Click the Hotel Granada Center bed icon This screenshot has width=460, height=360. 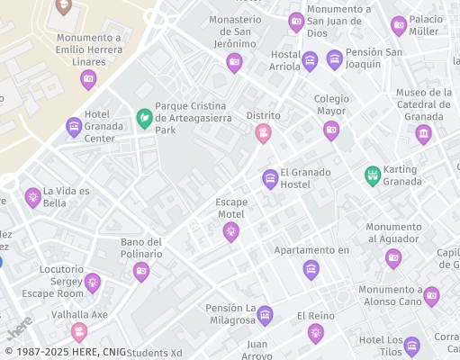coord(74,127)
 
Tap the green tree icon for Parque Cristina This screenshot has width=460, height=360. coord(143,118)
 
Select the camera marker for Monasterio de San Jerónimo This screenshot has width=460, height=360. coord(234,62)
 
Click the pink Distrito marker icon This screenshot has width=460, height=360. coord(263,133)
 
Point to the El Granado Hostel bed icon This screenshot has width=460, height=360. coord(270,178)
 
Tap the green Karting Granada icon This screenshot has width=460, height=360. coord(372,175)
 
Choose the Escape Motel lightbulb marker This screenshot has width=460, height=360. coord(230,231)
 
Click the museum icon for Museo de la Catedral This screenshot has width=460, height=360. coord(423,134)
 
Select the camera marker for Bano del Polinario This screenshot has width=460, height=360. coord(141,271)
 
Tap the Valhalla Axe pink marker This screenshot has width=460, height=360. coord(79,332)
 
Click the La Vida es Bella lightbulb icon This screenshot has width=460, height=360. coord(33,197)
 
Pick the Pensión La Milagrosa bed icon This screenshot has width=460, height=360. coord(265,314)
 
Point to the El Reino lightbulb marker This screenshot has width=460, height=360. coord(315,333)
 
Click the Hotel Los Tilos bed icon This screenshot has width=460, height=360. coord(411,346)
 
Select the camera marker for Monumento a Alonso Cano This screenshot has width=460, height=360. coord(431,295)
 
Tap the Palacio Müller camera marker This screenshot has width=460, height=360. coord(399,25)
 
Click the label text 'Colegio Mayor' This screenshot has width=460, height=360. coord(330,105)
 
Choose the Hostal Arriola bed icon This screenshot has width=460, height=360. coord(310,61)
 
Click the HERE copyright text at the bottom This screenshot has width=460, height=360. coord(63,352)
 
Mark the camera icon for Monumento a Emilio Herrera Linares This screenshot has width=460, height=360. coord(88,79)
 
